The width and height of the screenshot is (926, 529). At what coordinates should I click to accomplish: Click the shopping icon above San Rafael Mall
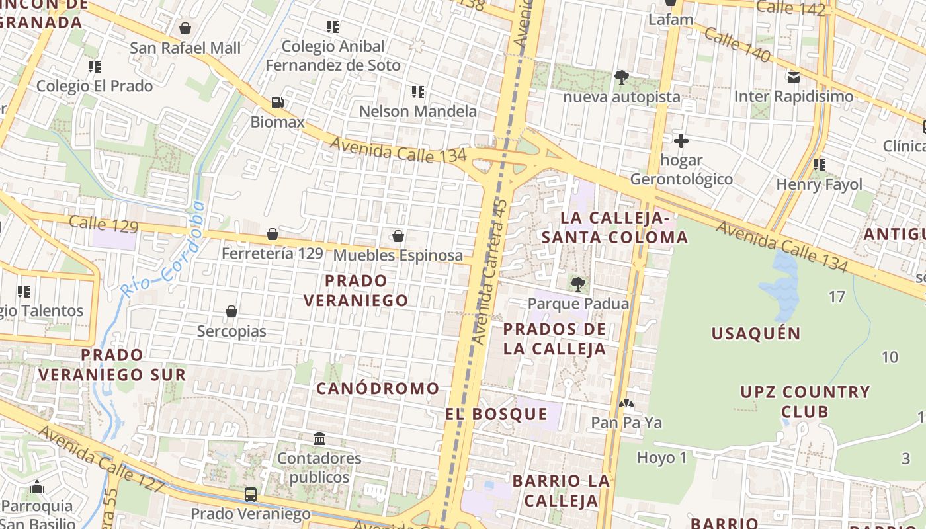(x=185, y=28)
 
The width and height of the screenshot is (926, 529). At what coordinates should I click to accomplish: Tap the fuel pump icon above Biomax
(x=278, y=102)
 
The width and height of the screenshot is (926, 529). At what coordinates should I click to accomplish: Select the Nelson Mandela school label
(x=417, y=111)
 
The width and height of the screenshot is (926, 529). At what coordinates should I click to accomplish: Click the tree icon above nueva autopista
(x=621, y=77)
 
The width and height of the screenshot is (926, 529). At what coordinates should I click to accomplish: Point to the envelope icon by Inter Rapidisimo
(x=794, y=77)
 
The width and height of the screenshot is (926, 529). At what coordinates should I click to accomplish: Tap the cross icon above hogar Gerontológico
(x=681, y=141)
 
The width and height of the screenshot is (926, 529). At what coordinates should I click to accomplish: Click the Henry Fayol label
(x=820, y=184)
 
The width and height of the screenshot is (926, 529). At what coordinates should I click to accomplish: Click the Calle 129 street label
(x=104, y=224)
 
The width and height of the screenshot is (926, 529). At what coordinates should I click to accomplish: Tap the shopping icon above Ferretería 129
(x=272, y=235)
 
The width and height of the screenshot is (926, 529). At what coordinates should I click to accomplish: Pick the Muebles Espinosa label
(x=398, y=255)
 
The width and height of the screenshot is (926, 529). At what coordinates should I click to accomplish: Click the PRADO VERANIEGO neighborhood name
(x=356, y=290)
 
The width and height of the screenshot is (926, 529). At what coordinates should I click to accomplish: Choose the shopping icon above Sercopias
(x=232, y=311)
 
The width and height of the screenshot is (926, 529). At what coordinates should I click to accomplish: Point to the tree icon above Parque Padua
(x=578, y=284)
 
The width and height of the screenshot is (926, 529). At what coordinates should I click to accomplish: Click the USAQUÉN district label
(x=756, y=333)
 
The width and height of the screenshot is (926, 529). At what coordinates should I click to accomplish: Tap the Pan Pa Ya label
(x=626, y=423)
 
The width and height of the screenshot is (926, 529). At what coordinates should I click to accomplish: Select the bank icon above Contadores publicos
(x=319, y=438)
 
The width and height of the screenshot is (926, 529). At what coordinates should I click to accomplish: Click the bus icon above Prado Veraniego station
(x=251, y=494)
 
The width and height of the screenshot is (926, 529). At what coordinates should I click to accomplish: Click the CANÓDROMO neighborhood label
(x=377, y=388)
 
